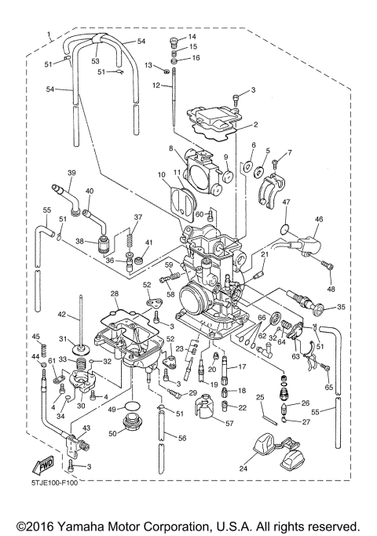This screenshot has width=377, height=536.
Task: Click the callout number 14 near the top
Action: (192, 37)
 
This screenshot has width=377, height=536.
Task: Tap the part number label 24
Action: (243, 469)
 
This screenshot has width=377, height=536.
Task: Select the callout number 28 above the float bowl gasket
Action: (114, 294)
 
